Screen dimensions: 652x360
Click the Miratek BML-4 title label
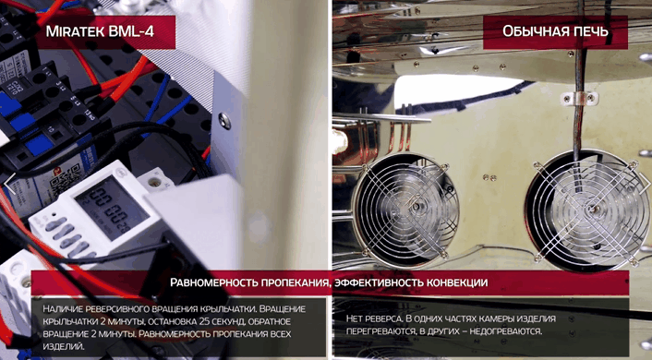(x=100, y=31)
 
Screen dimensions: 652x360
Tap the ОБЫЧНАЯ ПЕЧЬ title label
(x=555, y=31)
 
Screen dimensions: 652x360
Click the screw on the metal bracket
(x=224, y=121)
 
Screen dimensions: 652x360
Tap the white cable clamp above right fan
(x=579, y=99)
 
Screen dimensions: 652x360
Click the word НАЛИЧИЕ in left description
(x=63, y=309)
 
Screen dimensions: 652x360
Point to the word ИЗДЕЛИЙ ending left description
(x=64, y=346)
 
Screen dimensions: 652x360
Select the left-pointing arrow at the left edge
(x=9, y=184)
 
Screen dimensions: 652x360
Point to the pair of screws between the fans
(x=489, y=178)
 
